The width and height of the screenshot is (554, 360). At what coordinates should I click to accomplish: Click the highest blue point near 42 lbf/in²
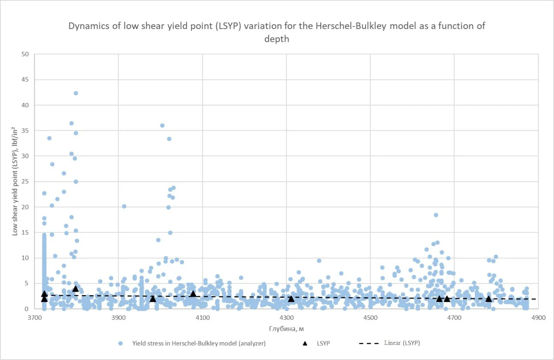click(x=76, y=93)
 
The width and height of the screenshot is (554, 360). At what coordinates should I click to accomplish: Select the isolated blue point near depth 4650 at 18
click(x=436, y=215)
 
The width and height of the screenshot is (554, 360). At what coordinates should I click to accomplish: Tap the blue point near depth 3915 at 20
click(x=124, y=206)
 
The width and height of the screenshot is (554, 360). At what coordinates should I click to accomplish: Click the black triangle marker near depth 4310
click(x=291, y=299)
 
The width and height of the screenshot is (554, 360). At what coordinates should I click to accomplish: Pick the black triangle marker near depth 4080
click(x=193, y=294)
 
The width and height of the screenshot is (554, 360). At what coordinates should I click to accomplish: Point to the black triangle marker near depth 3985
click(x=153, y=299)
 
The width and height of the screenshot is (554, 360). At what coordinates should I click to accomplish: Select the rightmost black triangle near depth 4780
click(x=489, y=299)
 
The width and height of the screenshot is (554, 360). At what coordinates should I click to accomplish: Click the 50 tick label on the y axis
click(x=25, y=54)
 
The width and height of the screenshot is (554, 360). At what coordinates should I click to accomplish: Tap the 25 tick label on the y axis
click(x=25, y=181)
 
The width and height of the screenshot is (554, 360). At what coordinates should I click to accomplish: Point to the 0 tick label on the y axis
click(x=26, y=309)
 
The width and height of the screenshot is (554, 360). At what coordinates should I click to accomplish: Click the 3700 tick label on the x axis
click(x=35, y=318)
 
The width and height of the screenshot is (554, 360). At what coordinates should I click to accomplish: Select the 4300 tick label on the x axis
click(x=287, y=318)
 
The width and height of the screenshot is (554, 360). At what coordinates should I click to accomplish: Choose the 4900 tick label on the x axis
click(x=538, y=318)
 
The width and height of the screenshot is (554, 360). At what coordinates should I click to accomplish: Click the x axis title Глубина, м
click(x=287, y=329)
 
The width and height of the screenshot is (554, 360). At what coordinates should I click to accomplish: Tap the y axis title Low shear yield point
click(x=15, y=181)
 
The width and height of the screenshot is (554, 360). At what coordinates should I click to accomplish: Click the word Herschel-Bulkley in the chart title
click(x=351, y=26)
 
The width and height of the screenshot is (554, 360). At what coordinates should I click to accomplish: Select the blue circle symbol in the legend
click(x=121, y=344)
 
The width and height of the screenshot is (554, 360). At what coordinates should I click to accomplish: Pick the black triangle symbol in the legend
click(x=305, y=344)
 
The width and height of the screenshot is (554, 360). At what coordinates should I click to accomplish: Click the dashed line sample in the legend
click(x=369, y=344)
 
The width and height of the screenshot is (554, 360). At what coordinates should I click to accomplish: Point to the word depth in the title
click(x=277, y=39)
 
